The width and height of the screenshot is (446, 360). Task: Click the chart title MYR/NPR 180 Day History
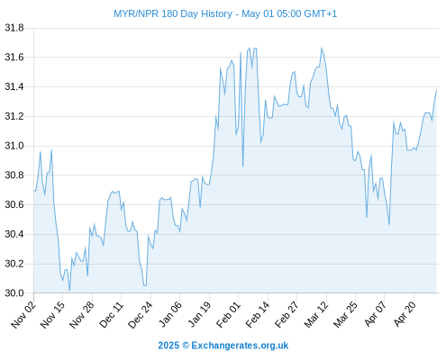pos(173,13)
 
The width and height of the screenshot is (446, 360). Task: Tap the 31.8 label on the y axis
pos(14,28)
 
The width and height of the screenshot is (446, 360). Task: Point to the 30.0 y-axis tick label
pos(14,293)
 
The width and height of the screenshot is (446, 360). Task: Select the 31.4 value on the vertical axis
pos(14,87)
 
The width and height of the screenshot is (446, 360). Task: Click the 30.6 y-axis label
pos(14,204)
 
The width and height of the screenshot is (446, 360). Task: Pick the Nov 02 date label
pos(23,315)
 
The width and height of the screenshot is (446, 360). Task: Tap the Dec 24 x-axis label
pos(141,315)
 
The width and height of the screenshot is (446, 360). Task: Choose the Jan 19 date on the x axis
pos(199,315)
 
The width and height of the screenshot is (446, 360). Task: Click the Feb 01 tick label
pos(228,315)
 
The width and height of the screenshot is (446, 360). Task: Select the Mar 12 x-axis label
pos(316,315)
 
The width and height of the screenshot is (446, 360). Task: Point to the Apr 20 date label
pos(405,314)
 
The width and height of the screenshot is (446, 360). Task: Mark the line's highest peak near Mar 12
pos(322,48)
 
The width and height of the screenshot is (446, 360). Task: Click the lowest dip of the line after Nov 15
pos(69,291)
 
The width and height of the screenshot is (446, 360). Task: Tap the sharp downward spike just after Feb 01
pos(242,166)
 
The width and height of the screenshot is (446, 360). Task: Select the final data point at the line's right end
pos(436,90)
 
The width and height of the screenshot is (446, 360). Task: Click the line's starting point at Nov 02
pos(34,191)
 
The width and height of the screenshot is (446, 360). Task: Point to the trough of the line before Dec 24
pos(145,285)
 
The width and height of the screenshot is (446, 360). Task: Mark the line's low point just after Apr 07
pos(389,224)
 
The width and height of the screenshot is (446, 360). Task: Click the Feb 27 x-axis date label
pos(287,315)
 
